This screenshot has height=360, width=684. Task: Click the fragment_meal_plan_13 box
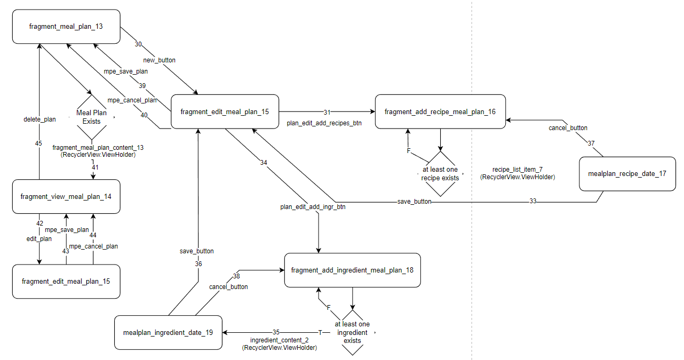[x=66, y=26]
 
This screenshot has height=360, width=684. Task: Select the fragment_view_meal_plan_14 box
[x=66, y=197]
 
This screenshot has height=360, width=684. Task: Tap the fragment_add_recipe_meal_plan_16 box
[x=440, y=111]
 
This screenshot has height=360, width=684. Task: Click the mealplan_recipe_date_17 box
[x=627, y=174]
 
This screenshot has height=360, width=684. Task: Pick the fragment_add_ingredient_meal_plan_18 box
[x=352, y=270]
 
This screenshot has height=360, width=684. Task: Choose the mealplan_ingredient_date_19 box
[x=168, y=332]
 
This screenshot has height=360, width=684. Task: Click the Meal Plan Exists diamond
[x=91, y=117]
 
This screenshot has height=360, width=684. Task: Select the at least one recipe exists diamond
[x=440, y=174]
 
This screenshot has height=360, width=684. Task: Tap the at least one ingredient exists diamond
[x=352, y=332]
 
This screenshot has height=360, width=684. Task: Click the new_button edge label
[x=159, y=60]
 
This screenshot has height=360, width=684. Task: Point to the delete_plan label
[x=39, y=119]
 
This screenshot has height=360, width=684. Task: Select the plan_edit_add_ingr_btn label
[x=313, y=206]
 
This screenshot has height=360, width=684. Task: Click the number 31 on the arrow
[x=327, y=112]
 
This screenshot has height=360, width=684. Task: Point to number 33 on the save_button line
[x=532, y=202]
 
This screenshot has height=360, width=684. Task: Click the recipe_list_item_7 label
[x=517, y=169]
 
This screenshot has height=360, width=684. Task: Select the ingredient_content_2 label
[x=280, y=340]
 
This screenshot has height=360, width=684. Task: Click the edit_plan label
[x=39, y=239]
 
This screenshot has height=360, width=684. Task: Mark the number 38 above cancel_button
[x=237, y=276]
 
